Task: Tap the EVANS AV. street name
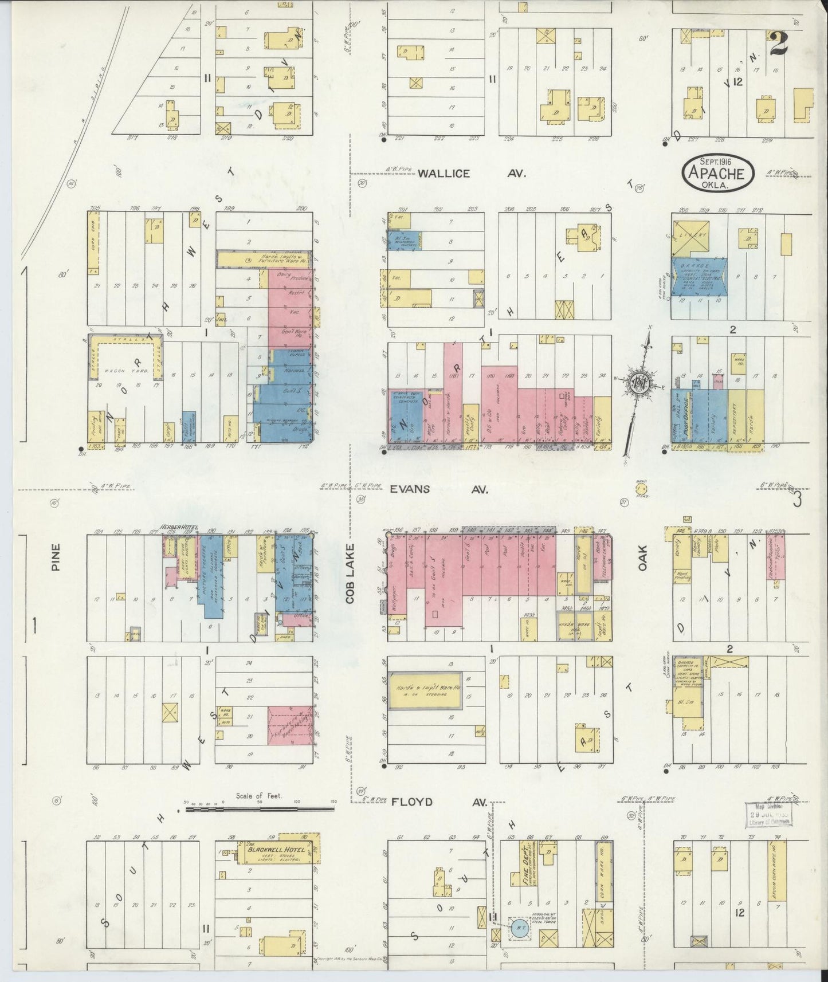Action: (x=438, y=490)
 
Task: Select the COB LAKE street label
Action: (x=351, y=573)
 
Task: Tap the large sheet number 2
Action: (x=778, y=43)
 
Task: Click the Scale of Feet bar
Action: (x=258, y=810)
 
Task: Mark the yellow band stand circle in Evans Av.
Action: (x=640, y=489)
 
